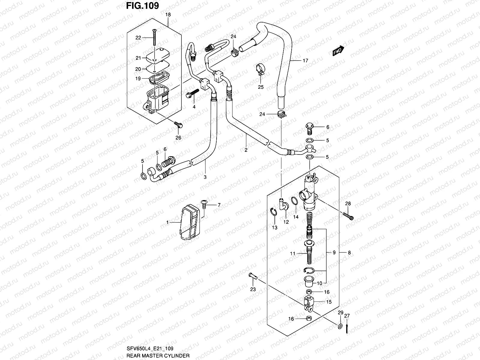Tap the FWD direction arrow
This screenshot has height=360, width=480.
tap(338, 52)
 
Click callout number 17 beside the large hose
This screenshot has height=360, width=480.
tap(305, 61)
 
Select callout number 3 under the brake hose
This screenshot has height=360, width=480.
tap(205, 177)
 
